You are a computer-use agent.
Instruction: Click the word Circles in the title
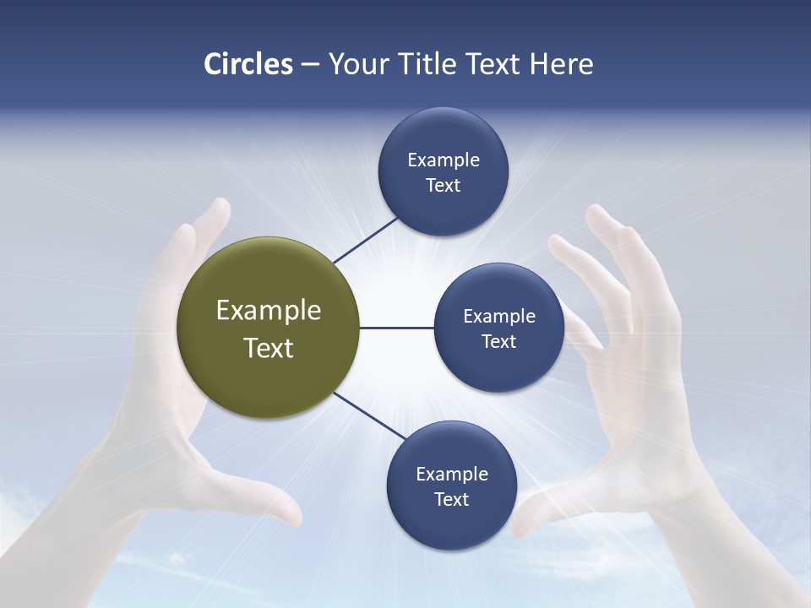(x=248, y=64)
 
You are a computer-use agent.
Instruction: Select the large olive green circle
(x=268, y=328)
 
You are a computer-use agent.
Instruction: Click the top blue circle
(x=443, y=171)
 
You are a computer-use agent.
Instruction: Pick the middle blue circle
(x=498, y=328)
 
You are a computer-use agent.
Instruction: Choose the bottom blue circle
(x=451, y=486)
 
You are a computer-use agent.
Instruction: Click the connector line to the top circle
(x=365, y=240)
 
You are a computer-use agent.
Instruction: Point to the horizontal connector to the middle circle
(x=396, y=328)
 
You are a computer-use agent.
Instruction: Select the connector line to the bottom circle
(x=369, y=415)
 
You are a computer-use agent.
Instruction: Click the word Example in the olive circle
(x=268, y=310)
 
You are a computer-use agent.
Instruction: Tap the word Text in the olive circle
(x=268, y=347)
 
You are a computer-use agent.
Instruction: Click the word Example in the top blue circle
(x=443, y=160)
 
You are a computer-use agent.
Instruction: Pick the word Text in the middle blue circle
(x=498, y=341)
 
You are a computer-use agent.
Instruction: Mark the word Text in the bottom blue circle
(x=451, y=499)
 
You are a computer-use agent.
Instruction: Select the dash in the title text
(x=310, y=64)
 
